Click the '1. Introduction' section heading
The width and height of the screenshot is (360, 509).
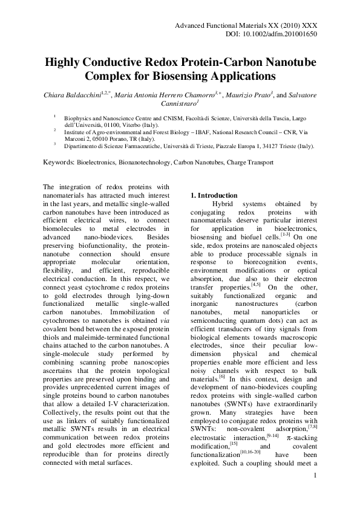pos(212,195)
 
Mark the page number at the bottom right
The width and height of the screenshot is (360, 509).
pos(315,477)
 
